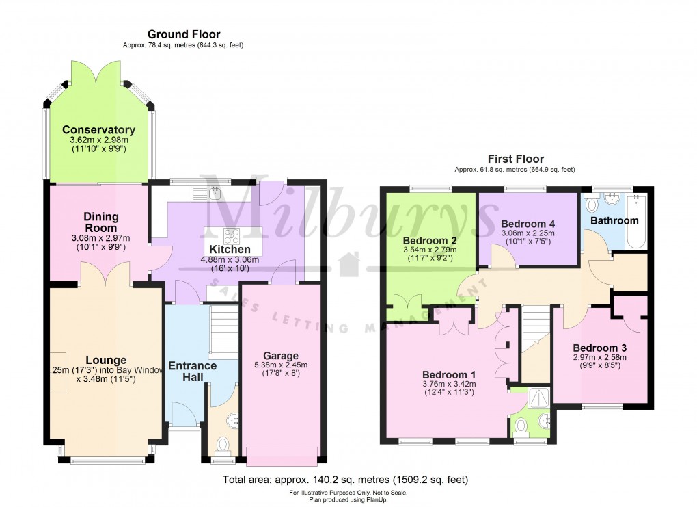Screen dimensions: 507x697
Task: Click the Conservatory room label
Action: point(98,130)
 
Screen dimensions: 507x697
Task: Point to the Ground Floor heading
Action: point(184,34)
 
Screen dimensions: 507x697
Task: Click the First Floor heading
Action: point(515,159)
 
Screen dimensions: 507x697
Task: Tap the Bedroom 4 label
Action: point(528,224)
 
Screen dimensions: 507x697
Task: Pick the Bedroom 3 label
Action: point(599,347)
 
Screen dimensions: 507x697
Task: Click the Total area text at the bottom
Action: point(345,480)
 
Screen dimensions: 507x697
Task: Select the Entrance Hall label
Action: point(193,372)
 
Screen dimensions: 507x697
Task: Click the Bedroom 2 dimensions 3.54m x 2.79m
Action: point(430,250)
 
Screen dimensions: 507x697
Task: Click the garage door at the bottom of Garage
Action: point(281,455)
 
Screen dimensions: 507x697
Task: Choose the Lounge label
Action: point(106,360)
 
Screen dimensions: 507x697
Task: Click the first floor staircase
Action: point(536,328)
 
